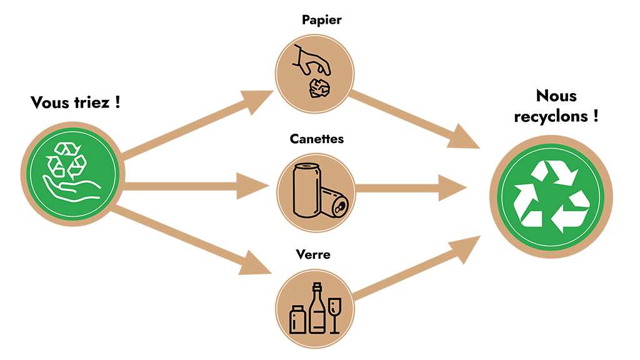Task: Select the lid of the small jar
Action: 297,307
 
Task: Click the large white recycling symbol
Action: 551,194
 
